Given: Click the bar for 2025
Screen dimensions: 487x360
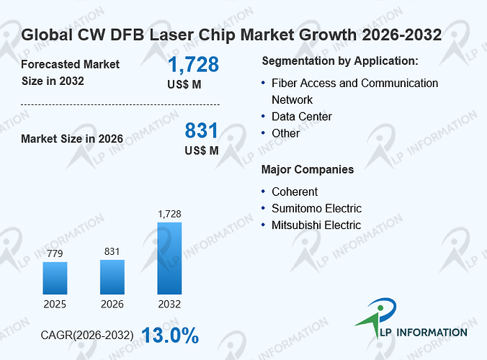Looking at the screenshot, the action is (55, 278).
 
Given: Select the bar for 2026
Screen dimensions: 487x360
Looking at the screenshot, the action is (112, 276).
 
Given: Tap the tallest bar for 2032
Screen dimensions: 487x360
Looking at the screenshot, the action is (169, 258).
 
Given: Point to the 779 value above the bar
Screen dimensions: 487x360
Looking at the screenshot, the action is (55, 253).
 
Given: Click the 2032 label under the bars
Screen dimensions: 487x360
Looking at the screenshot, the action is (169, 304).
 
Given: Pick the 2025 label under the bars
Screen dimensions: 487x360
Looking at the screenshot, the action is (55, 304).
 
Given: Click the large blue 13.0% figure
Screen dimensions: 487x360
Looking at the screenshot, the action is (170, 336).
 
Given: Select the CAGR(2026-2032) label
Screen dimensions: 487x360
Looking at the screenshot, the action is (87, 336).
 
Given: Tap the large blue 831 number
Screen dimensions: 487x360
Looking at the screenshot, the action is (201, 130).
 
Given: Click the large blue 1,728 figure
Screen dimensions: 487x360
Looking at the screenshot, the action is (193, 65).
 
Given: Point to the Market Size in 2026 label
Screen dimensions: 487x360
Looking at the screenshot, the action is (72, 139).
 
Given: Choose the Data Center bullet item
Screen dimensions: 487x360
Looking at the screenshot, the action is (302, 117).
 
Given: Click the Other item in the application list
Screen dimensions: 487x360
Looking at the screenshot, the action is (285, 133).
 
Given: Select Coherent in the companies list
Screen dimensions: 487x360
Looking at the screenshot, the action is (295, 192).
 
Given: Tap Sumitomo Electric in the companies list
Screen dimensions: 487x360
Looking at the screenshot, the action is (316, 209).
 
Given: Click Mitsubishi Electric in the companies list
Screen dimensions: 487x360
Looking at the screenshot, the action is (316, 225).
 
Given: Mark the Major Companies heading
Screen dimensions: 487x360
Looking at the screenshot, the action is (308, 170).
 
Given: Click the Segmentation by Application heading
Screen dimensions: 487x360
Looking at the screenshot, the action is (340, 61).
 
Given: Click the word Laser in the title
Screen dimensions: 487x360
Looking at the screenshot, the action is (171, 35).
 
